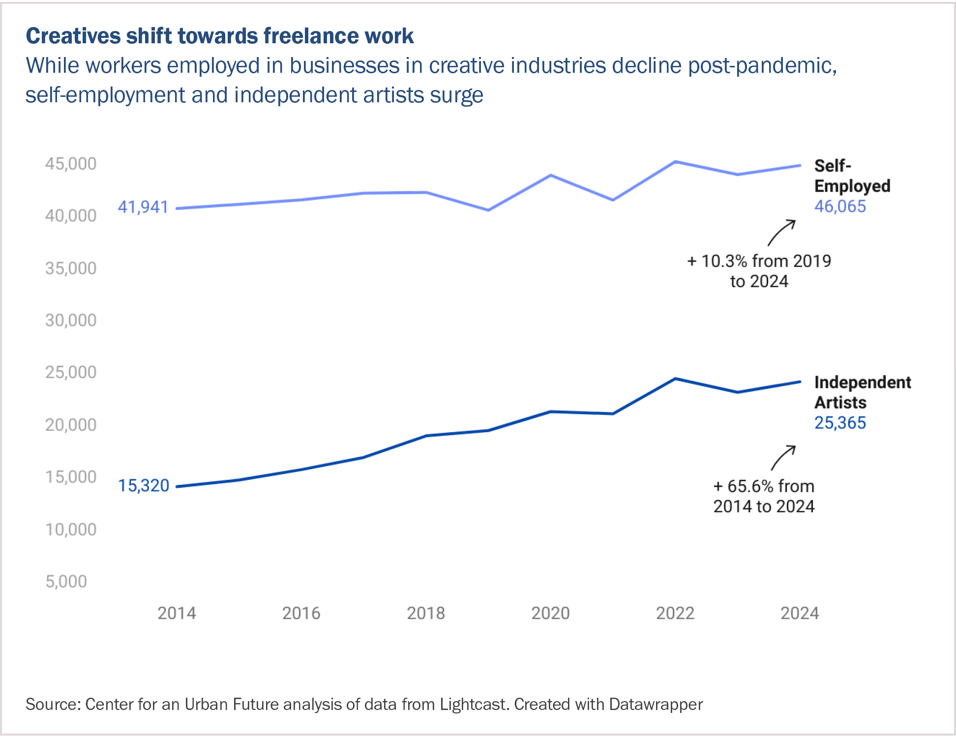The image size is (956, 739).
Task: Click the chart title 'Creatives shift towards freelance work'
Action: click(219, 36)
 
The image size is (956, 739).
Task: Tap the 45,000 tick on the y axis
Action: click(71, 164)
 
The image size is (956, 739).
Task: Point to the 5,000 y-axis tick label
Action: click(66, 582)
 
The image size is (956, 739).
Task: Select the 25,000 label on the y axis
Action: click(71, 372)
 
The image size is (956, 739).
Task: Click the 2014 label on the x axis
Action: click(177, 613)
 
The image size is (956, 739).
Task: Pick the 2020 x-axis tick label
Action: click(550, 613)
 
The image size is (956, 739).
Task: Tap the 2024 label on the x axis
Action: click(800, 613)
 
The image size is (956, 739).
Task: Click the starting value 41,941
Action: click(143, 207)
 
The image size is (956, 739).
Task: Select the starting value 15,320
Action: click(143, 486)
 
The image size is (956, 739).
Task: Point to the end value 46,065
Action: click(840, 207)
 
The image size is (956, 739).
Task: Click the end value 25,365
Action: click(840, 423)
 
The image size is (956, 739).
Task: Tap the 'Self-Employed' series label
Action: click(852, 176)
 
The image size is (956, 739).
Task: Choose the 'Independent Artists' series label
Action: click(862, 392)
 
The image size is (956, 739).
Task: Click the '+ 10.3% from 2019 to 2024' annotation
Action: click(759, 271)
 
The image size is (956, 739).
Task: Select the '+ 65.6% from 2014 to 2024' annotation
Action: click(764, 496)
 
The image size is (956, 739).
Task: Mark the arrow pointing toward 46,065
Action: click(781, 233)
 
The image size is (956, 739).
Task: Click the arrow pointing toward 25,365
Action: click(783, 458)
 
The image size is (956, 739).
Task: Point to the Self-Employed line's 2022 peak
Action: click(676, 162)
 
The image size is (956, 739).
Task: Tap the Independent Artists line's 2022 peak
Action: click(676, 379)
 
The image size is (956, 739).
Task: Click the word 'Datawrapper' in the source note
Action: click(656, 705)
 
